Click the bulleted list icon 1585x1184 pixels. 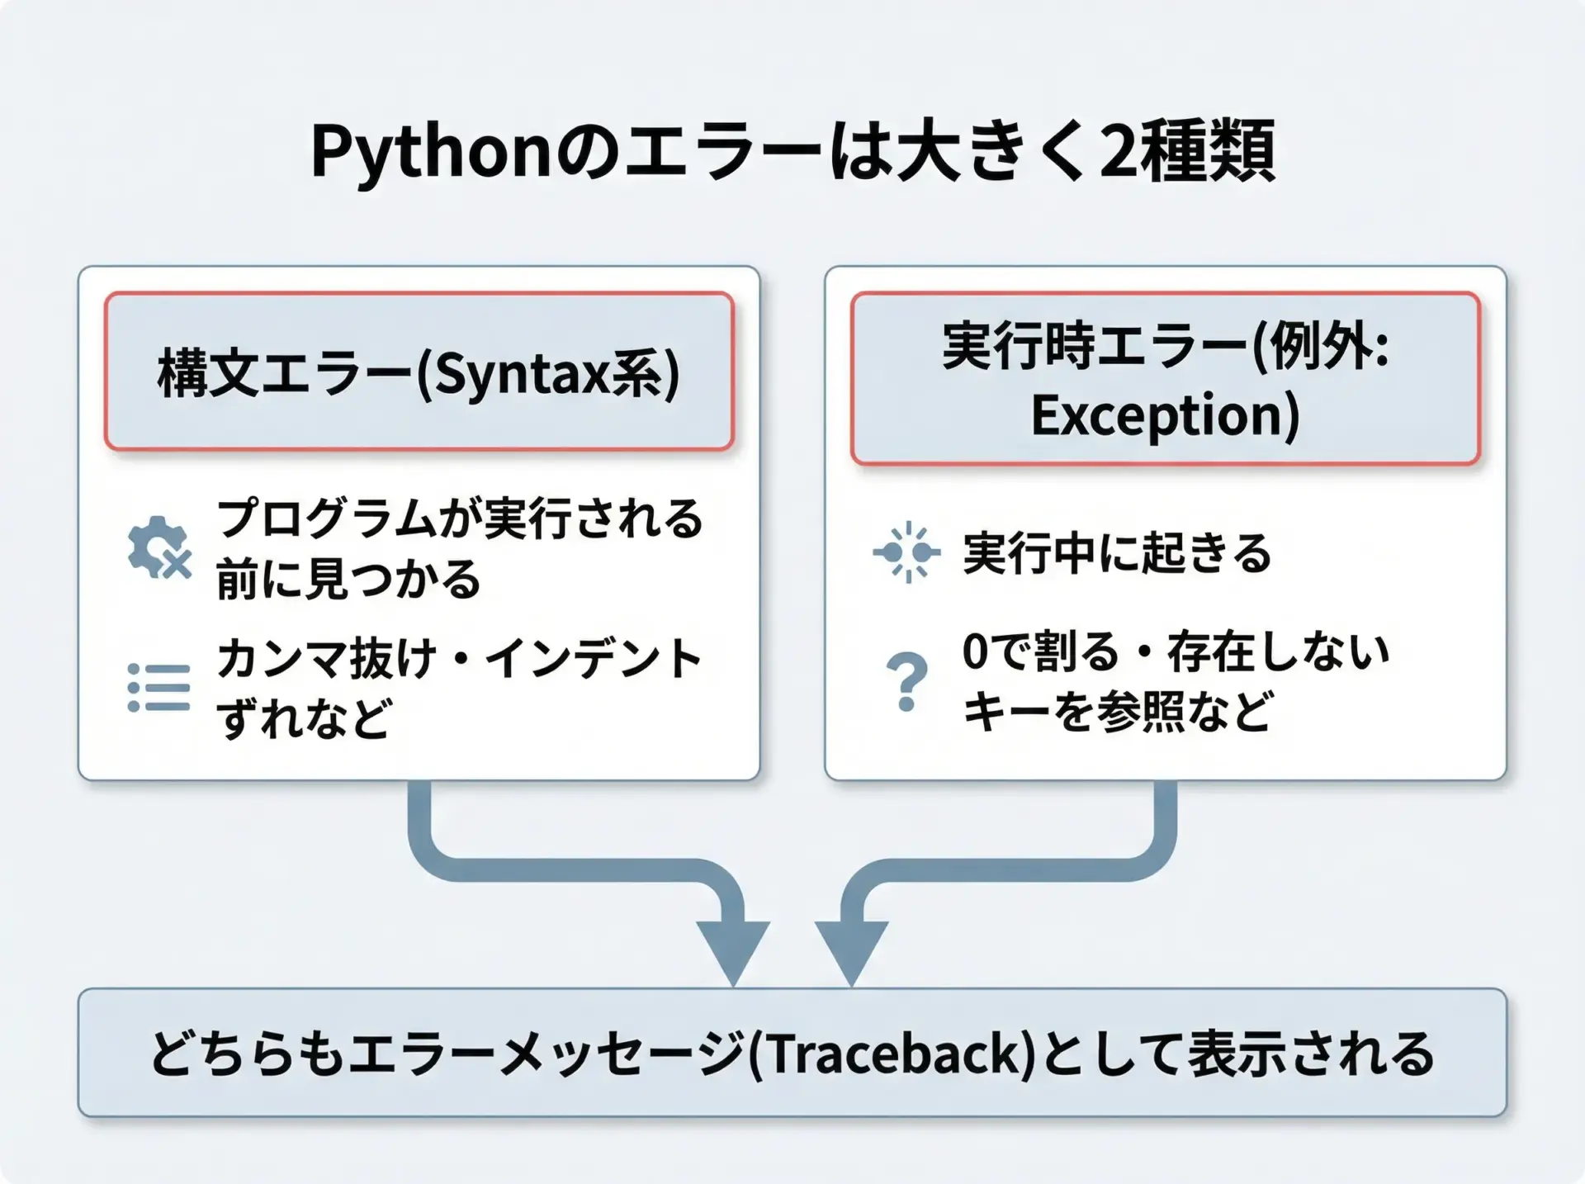159,688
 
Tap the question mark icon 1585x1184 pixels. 906,682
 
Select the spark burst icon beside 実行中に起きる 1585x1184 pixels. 906,552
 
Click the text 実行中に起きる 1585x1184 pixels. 1117,552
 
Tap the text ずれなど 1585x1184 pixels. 303,718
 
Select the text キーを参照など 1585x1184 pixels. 1117,710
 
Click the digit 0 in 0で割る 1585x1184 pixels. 975,651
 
